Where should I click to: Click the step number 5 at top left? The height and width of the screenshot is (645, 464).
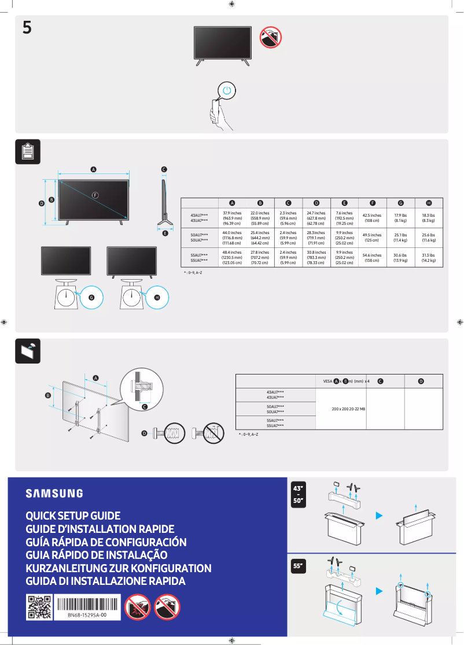(27, 28)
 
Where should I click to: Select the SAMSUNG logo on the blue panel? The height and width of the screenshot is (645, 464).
(54, 494)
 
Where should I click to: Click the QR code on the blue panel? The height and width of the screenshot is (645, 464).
(39, 607)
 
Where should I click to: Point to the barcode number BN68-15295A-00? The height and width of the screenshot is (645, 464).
(87, 616)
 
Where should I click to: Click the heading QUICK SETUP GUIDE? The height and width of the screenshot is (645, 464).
(73, 516)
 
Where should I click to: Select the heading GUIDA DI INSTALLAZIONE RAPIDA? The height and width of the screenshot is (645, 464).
(105, 581)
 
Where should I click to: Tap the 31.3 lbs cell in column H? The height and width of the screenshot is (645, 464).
(429, 257)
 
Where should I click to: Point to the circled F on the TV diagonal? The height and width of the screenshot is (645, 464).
(95, 195)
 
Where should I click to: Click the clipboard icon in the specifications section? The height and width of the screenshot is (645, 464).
(27, 152)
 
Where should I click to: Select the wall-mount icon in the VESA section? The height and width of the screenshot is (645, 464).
(27, 351)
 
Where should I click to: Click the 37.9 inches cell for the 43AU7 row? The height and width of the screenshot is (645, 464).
(232, 217)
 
